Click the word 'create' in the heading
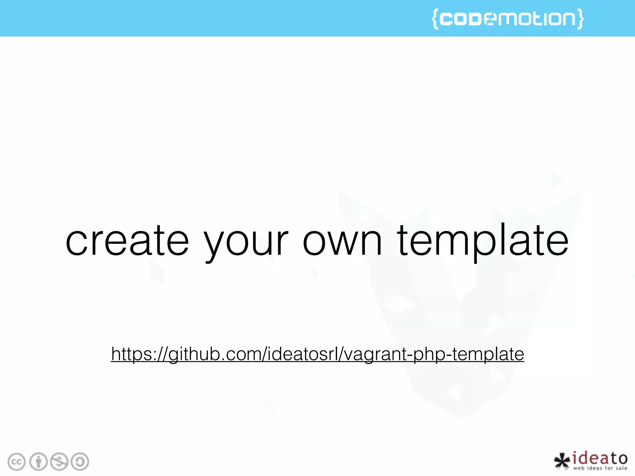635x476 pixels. click(x=127, y=241)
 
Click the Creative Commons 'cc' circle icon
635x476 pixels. click(x=16, y=462)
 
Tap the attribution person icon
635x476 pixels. click(x=38, y=462)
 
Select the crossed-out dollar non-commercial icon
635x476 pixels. click(x=59, y=462)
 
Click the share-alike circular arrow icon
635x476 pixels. click(x=80, y=462)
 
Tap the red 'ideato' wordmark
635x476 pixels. click(x=600, y=458)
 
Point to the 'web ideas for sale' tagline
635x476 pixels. click(x=600, y=468)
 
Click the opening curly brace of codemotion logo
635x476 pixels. click(x=435, y=19)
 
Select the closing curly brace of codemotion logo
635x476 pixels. click(x=580, y=19)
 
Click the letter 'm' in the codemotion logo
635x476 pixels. click(x=509, y=19)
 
